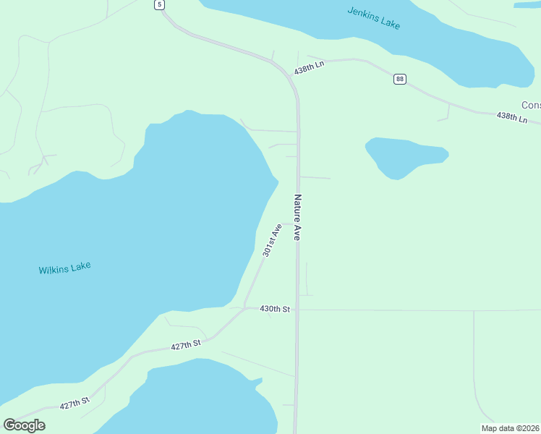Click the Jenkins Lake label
point(373,17)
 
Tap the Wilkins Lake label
point(65,268)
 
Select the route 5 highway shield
point(159,4)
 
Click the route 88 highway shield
point(399,78)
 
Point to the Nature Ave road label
point(297,217)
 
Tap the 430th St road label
point(275,309)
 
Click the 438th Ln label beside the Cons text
point(511,116)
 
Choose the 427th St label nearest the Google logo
point(74,402)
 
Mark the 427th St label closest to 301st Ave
point(186,346)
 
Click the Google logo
point(24,425)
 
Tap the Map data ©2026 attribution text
point(510,428)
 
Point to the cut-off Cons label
point(531,105)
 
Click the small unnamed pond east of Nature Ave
point(405,156)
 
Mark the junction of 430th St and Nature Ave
point(297,310)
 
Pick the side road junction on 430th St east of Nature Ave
point(474,311)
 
